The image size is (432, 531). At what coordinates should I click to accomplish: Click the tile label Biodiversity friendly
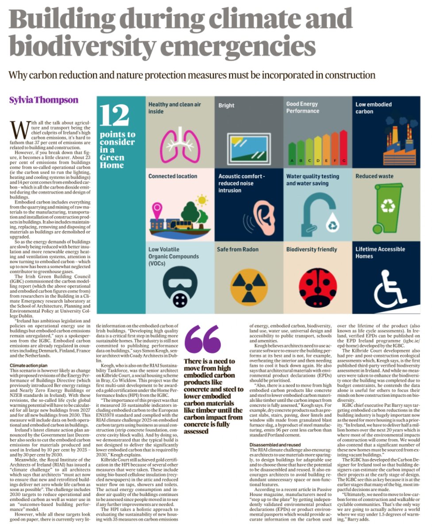(312, 250)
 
